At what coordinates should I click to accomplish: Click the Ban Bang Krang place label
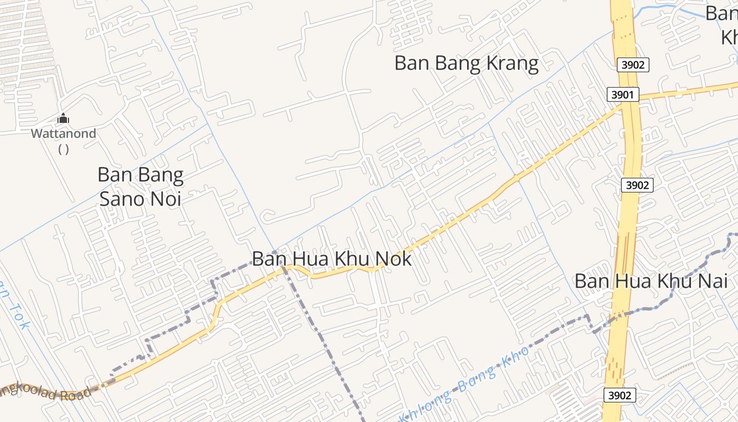[467, 63]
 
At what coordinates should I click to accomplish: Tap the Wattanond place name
[63, 133]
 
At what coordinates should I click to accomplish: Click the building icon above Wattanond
[63, 119]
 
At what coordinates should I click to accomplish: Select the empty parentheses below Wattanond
[63, 149]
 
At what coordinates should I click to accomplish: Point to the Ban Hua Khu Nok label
[332, 259]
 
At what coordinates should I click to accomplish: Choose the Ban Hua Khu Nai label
[651, 281]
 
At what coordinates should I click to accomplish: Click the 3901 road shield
[623, 95]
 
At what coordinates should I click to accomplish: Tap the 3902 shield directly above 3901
[633, 65]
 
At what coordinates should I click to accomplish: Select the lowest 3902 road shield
[619, 395]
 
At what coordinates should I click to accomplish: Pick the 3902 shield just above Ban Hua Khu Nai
[637, 185]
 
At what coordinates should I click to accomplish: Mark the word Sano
[122, 199]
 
